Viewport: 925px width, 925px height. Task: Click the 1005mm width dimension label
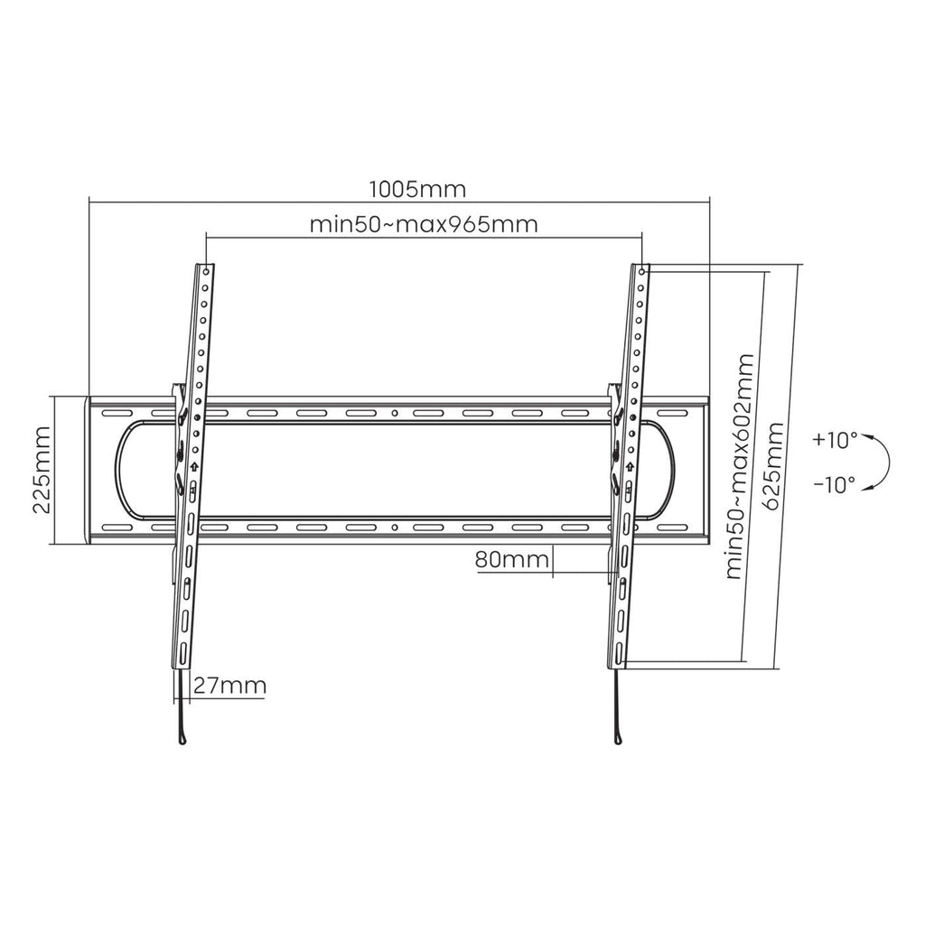[417, 190]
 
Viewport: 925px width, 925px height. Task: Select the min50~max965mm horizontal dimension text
[424, 224]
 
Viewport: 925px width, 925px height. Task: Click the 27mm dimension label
[229, 686]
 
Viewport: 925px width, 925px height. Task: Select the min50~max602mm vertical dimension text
[740, 466]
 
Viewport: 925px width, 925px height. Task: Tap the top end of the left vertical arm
[207, 266]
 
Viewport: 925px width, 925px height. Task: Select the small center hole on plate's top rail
[395, 414]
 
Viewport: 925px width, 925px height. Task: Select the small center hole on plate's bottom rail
[395, 527]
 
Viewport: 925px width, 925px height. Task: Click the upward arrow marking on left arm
[192, 467]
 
